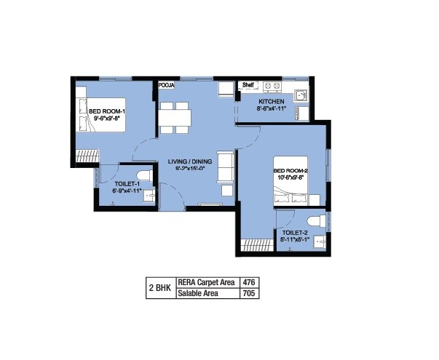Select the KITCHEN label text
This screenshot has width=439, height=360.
pyautogui.click(x=272, y=102)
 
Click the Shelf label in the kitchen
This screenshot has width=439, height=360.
pyautogui.click(x=248, y=84)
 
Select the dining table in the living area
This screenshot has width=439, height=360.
pyautogui.click(x=175, y=117)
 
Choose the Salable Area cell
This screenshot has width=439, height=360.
pyautogui.click(x=200, y=294)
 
